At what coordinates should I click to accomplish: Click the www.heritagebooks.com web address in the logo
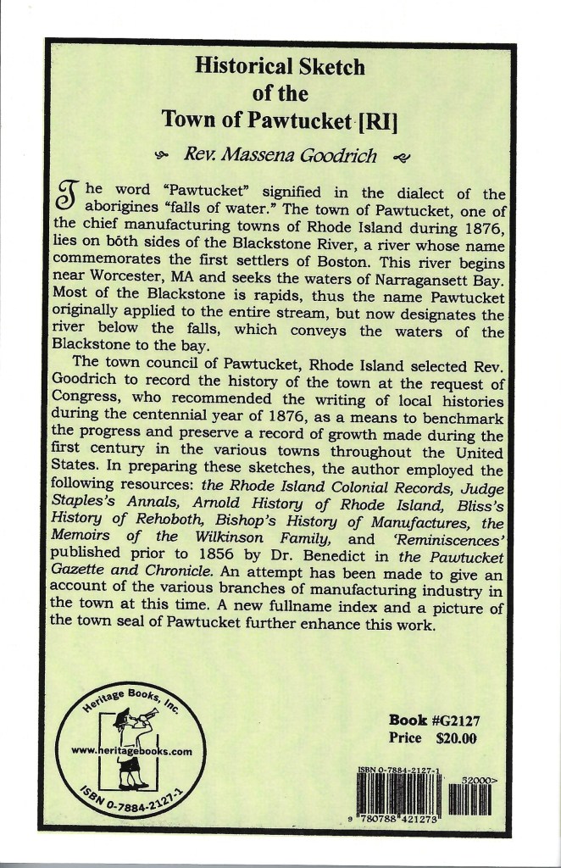pyautogui.click(x=131, y=751)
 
